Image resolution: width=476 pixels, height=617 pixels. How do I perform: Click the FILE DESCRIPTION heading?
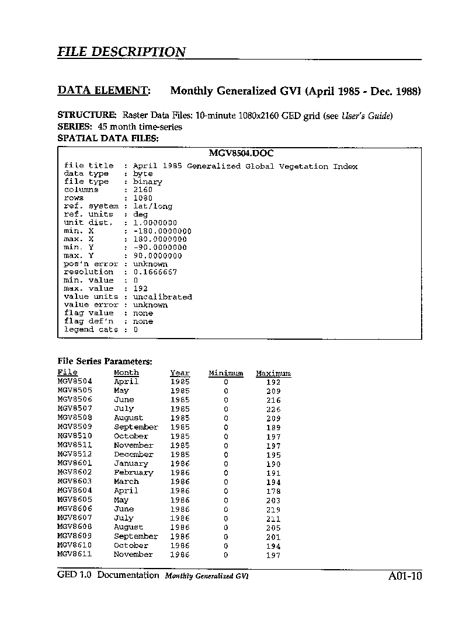point(121,52)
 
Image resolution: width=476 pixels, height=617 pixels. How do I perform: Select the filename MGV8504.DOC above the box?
point(241,154)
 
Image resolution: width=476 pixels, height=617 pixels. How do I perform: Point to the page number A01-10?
point(404,577)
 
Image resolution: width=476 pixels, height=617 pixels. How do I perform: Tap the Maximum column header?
point(273,373)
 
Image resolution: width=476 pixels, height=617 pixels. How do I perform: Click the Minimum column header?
point(225,373)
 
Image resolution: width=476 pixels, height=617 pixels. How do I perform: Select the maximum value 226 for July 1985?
point(273,409)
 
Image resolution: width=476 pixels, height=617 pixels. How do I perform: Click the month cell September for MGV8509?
point(135,427)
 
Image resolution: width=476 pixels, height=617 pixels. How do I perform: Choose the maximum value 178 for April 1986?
point(273,491)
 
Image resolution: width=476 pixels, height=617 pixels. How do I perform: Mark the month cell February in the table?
point(133,472)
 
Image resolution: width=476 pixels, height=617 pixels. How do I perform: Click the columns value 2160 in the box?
point(143,190)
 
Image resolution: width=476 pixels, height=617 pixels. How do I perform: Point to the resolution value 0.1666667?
point(155,272)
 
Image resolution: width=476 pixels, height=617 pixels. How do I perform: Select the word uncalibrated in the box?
point(162,297)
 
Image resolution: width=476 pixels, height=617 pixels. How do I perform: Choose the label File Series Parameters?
point(105,361)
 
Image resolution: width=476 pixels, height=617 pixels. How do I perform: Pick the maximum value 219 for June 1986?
point(273,510)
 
